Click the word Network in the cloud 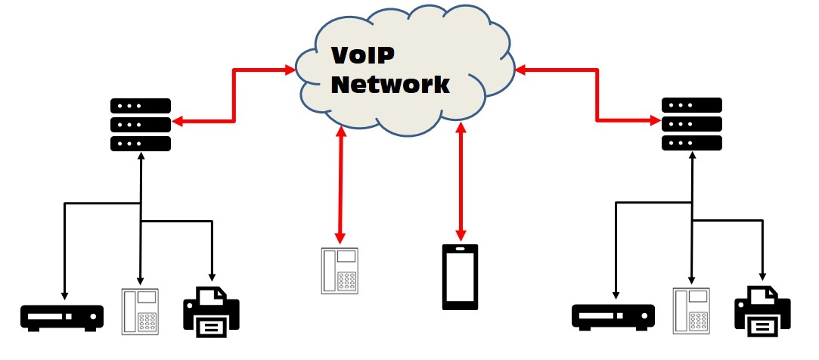[x=390, y=84]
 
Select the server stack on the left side [x=141, y=124]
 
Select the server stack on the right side [x=691, y=124]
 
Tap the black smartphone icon [x=461, y=277]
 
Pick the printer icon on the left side [x=211, y=310]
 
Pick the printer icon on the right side [x=762, y=310]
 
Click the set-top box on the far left [x=62, y=316]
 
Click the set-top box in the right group [x=613, y=316]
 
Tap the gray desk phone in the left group [x=141, y=311]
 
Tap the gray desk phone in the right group [x=691, y=311]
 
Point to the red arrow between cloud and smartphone [x=460, y=182]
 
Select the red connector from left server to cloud [x=234, y=97]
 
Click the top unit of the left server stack [x=141, y=106]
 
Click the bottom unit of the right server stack [x=691, y=142]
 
